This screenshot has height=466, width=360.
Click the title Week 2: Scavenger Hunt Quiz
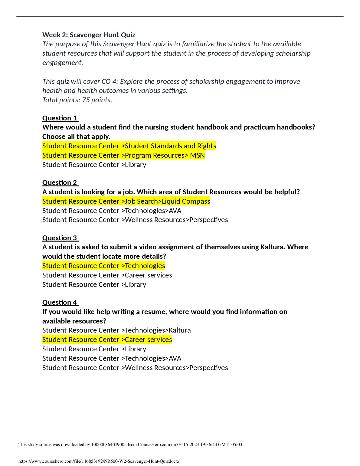click(x=89, y=35)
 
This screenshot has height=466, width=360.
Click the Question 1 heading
click(x=60, y=118)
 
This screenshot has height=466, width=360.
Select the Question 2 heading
click(x=60, y=182)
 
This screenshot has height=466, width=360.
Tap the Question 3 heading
click(x=60, y=238)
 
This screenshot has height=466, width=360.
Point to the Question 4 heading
click(x=60, y=302)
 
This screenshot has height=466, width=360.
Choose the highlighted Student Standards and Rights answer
click(x=129, y=146)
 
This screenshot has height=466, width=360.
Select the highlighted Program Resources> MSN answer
click(x=123, y=155)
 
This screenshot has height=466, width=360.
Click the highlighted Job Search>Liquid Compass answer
click(x=126, y=201)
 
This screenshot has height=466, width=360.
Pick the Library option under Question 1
click(x=94, y=165)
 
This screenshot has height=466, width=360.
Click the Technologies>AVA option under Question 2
click(x=112, y=211)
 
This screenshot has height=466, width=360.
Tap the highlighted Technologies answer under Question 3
click(x=103, y=266)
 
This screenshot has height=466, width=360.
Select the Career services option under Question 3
click(x=107, y=275)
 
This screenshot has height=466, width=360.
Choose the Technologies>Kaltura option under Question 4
click(x=116, y=330)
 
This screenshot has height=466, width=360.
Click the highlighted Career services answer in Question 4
click(x=107, y=340)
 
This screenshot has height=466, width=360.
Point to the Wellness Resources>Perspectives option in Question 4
click(x=135, y=368)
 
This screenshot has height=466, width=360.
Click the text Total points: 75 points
click(x=77, y=100)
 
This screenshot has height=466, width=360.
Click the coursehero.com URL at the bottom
click(x=99, y=461)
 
